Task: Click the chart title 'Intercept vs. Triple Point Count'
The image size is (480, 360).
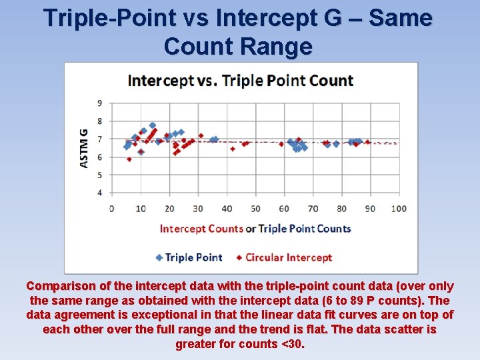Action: click(x=240, y=81)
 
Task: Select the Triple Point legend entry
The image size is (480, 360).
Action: click(x=189, y=257)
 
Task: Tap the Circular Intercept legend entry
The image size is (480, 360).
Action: click(x=285, y=257)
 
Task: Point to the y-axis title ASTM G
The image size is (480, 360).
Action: click(x=84, y=148)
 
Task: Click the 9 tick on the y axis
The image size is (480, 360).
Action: click(x=99, y=103)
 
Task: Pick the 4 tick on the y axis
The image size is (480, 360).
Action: click(x=99, y=193)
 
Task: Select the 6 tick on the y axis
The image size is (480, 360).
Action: click(x=99, y=157)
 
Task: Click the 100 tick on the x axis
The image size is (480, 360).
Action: click(x=399, y=209)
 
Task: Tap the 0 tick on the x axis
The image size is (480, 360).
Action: click(x=111, y=209)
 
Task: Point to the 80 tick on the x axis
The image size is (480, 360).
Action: click(x=341, y=209)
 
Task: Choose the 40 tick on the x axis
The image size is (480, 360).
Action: click(x=226, y=209)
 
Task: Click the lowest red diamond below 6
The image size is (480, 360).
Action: click(x=129, y=159)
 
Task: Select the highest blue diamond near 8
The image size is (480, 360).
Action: click(x=153, y=125)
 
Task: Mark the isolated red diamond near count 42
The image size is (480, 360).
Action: click(x=233, y=149)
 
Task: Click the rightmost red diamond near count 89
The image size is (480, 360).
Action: click(x=367, y=142)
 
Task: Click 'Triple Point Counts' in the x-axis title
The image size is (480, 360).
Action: click(x=305, y=229)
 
